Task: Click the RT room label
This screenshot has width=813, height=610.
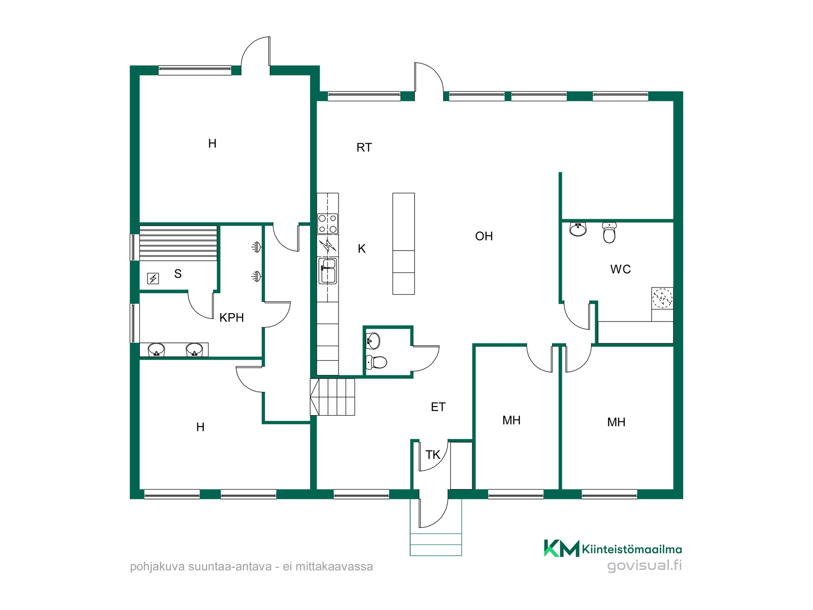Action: [364, 147]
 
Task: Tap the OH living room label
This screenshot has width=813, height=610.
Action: [484, 236]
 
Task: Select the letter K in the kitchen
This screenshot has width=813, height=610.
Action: [362, 249]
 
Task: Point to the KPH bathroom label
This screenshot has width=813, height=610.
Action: [232, 317]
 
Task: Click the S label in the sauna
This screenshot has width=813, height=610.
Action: [178, 274]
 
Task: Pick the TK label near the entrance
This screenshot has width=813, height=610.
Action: [433, 455]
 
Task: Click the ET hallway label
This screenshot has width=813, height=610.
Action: [438, 407]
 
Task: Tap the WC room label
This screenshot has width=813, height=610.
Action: [620, 269]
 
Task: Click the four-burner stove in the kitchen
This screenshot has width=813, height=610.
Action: [328, 224]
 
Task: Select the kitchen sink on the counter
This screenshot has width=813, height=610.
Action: [328, 271]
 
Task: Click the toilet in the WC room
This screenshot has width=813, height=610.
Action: [609, 233]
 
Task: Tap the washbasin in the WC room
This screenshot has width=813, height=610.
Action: [578, 229]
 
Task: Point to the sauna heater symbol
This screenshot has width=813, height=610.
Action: [153, 278]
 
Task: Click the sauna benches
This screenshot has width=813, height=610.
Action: [178, 244]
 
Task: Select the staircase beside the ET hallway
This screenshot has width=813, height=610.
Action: [332, 397]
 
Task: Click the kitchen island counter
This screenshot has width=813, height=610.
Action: [404, 244]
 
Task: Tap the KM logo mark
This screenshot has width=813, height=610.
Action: [561, 548]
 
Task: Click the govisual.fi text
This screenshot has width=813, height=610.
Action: [644, 566]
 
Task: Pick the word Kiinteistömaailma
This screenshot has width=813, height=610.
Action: [632, 549]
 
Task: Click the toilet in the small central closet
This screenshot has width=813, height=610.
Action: [376, 362]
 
